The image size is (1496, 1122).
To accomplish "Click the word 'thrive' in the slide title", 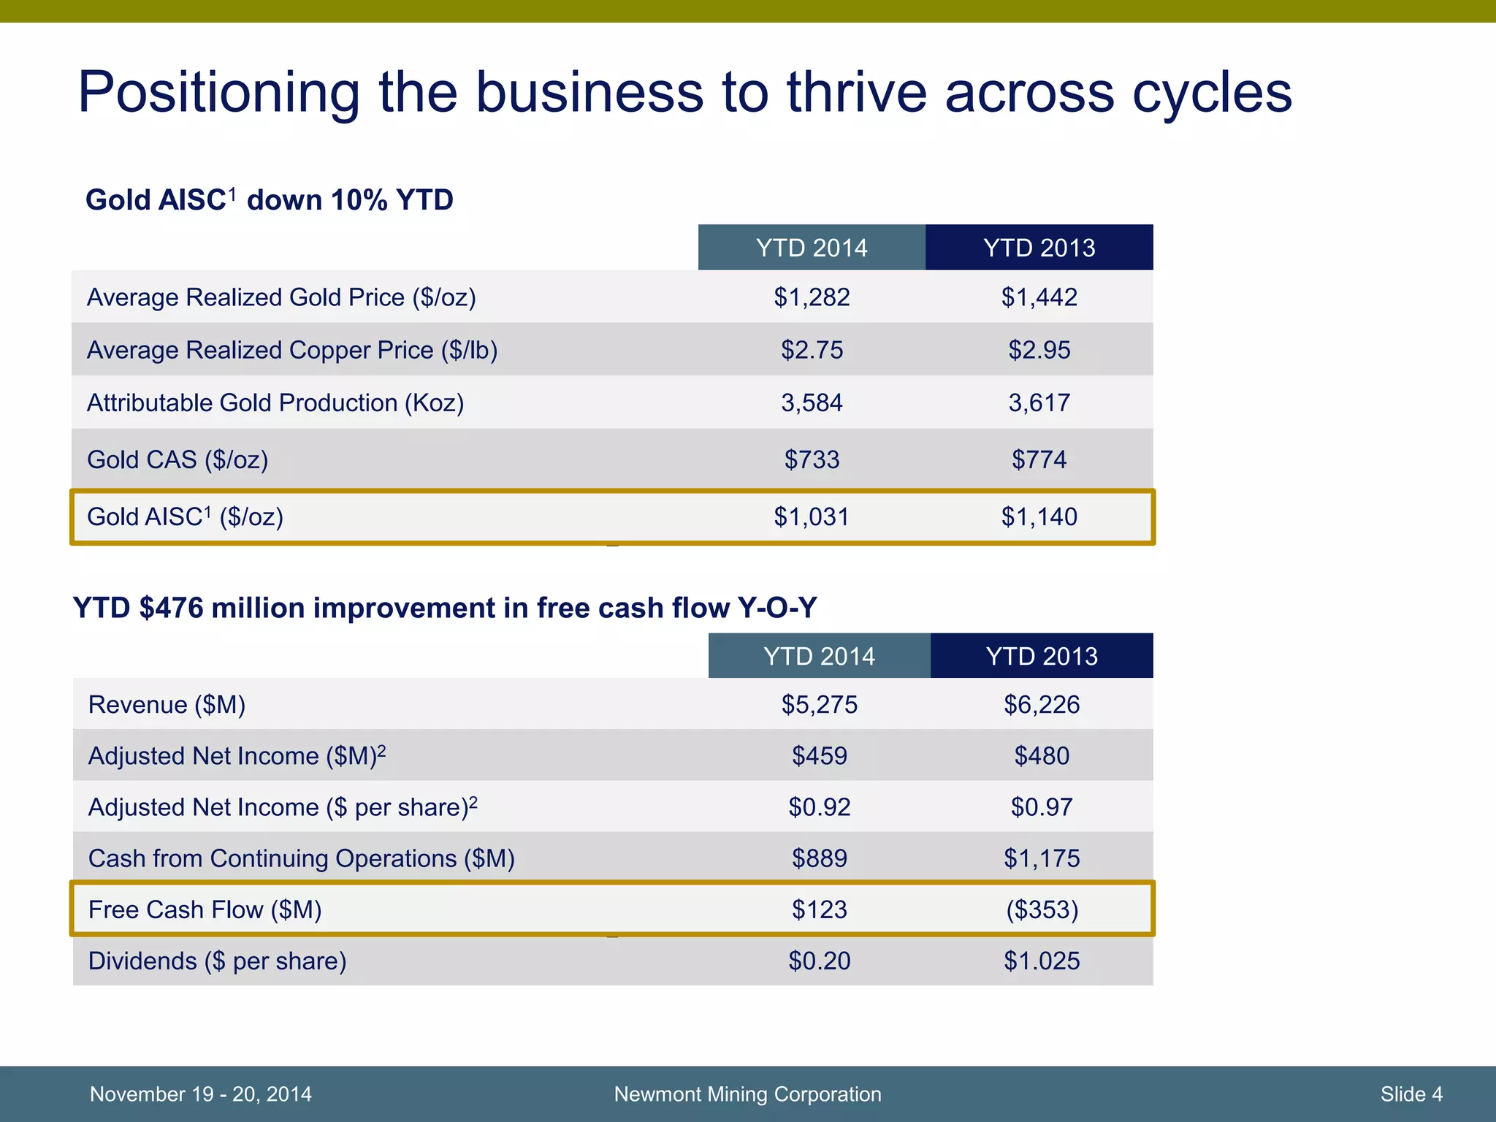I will tap(855, 93).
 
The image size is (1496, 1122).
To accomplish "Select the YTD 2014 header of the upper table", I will tap(812, 248).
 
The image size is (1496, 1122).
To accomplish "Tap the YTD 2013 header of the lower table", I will tap(1042, 656).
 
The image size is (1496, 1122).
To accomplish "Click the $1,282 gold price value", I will tap(812, 297).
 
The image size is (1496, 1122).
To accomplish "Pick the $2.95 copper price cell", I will tap(1039, 350).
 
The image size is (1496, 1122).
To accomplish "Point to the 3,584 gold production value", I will tap(812, 402).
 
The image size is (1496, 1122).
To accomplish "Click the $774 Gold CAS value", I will tap(1039, 459).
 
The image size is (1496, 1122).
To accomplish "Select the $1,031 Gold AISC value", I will tap(812, 517).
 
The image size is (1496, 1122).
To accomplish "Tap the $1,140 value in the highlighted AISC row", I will tap(1039, 517).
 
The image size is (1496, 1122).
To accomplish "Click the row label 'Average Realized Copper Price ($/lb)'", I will tap(292, 350).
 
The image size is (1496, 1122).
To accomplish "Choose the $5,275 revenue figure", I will tap(820, 704).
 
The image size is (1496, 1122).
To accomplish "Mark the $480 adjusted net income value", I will tap(1042, 755).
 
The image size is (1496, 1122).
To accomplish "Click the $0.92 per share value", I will tap(820, 807).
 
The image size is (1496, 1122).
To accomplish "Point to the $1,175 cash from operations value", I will tap(1042, 858).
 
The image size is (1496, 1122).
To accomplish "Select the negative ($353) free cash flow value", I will tap(1042, 909).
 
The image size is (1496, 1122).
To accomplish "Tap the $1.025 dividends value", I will tap(1042, 961).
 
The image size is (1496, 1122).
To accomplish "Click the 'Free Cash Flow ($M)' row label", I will tap(205, 909).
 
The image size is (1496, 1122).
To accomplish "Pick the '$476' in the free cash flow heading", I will tap(171, 608).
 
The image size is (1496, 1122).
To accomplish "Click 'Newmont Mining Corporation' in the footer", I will tap(747, 1094).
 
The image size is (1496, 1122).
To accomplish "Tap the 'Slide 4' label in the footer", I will tap(1411, 1094).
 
